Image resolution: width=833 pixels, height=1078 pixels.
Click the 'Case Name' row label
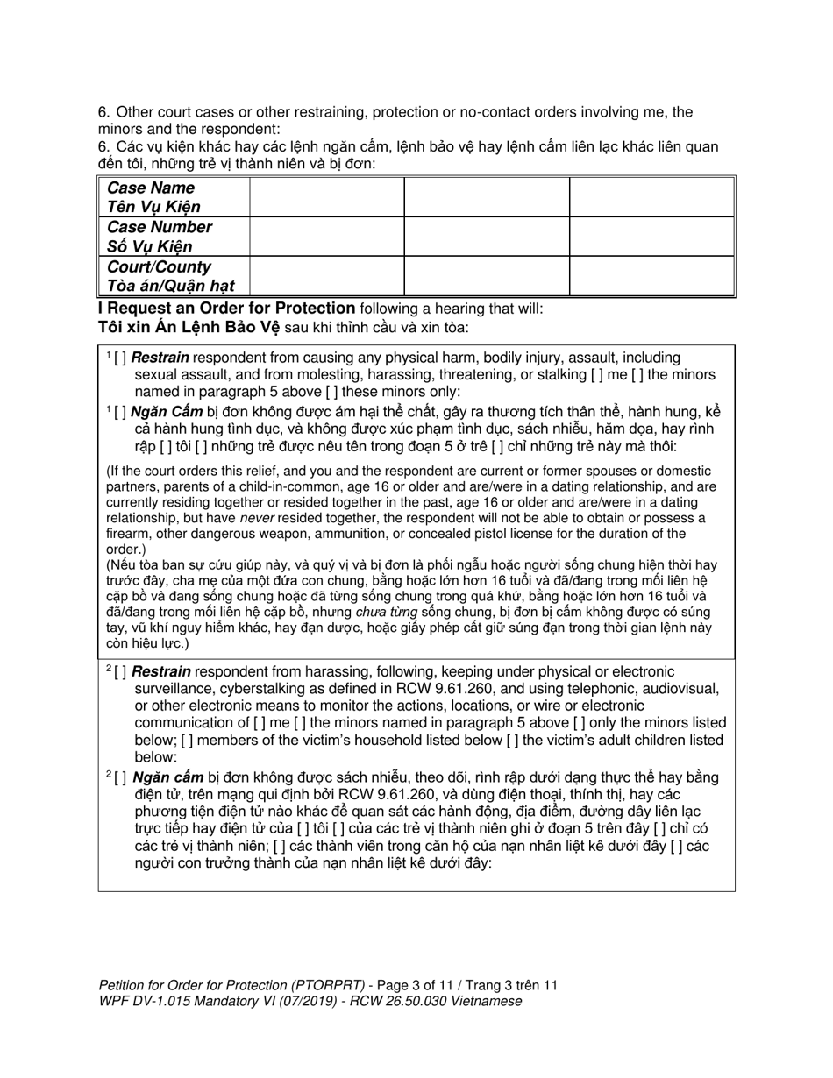(150, 188)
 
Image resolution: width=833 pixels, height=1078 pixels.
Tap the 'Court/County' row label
(159, 266)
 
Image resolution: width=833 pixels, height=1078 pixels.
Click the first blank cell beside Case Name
(326, 197)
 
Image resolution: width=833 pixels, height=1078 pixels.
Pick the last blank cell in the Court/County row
(651, 275)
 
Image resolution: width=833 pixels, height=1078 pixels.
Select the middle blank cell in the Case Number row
(486, 237)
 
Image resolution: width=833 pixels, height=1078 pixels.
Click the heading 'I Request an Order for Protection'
(226, 309)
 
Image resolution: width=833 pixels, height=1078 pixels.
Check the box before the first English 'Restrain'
(120, 358)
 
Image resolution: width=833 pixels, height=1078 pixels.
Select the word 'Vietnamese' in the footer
(486, 1001)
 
